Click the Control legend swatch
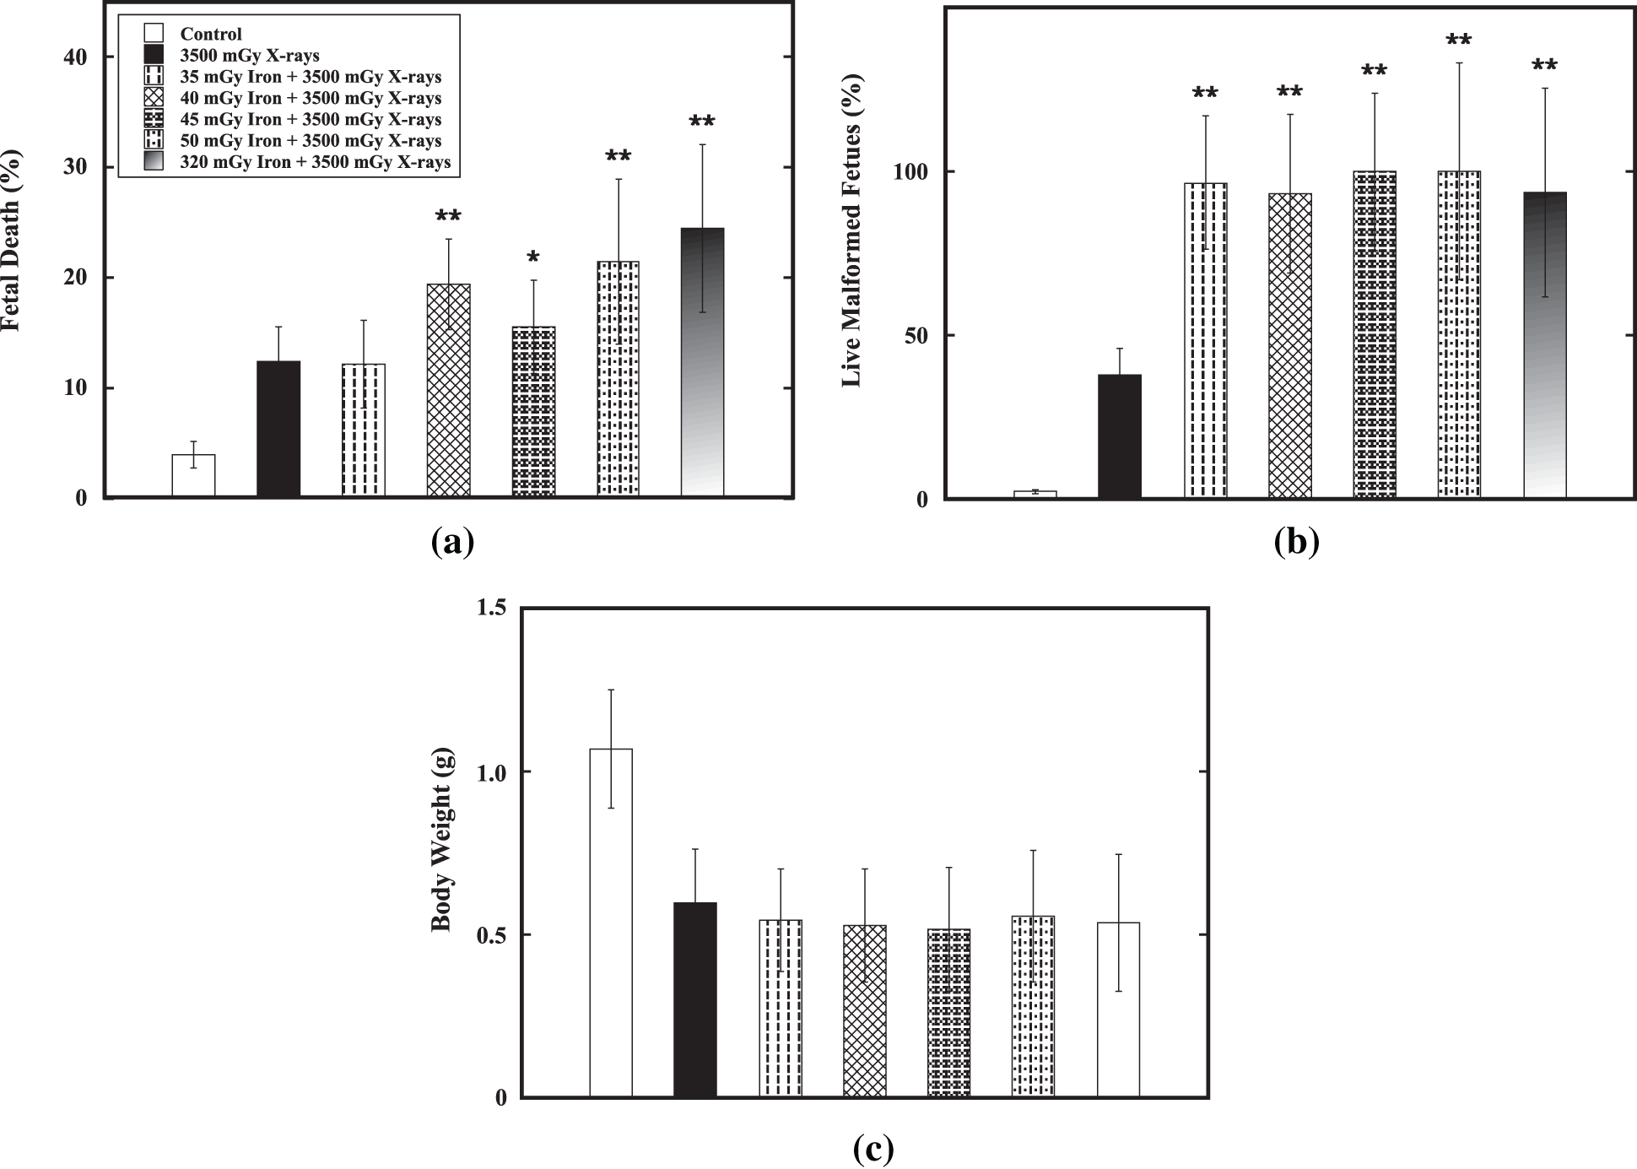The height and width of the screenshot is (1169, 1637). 153,34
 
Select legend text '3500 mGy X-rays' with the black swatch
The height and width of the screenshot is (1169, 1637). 250,56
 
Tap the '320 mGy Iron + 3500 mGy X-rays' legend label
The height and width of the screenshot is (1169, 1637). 315,162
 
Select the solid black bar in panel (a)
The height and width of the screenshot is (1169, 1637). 278,429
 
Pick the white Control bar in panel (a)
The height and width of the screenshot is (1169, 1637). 193,475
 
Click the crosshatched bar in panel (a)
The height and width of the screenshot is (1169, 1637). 448,390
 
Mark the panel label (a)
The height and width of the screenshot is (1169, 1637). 452,541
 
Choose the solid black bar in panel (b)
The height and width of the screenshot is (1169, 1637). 1119,436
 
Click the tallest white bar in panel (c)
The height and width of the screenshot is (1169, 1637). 611,923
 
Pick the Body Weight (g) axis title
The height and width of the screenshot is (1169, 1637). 442,839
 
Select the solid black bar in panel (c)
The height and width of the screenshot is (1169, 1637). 695,999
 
